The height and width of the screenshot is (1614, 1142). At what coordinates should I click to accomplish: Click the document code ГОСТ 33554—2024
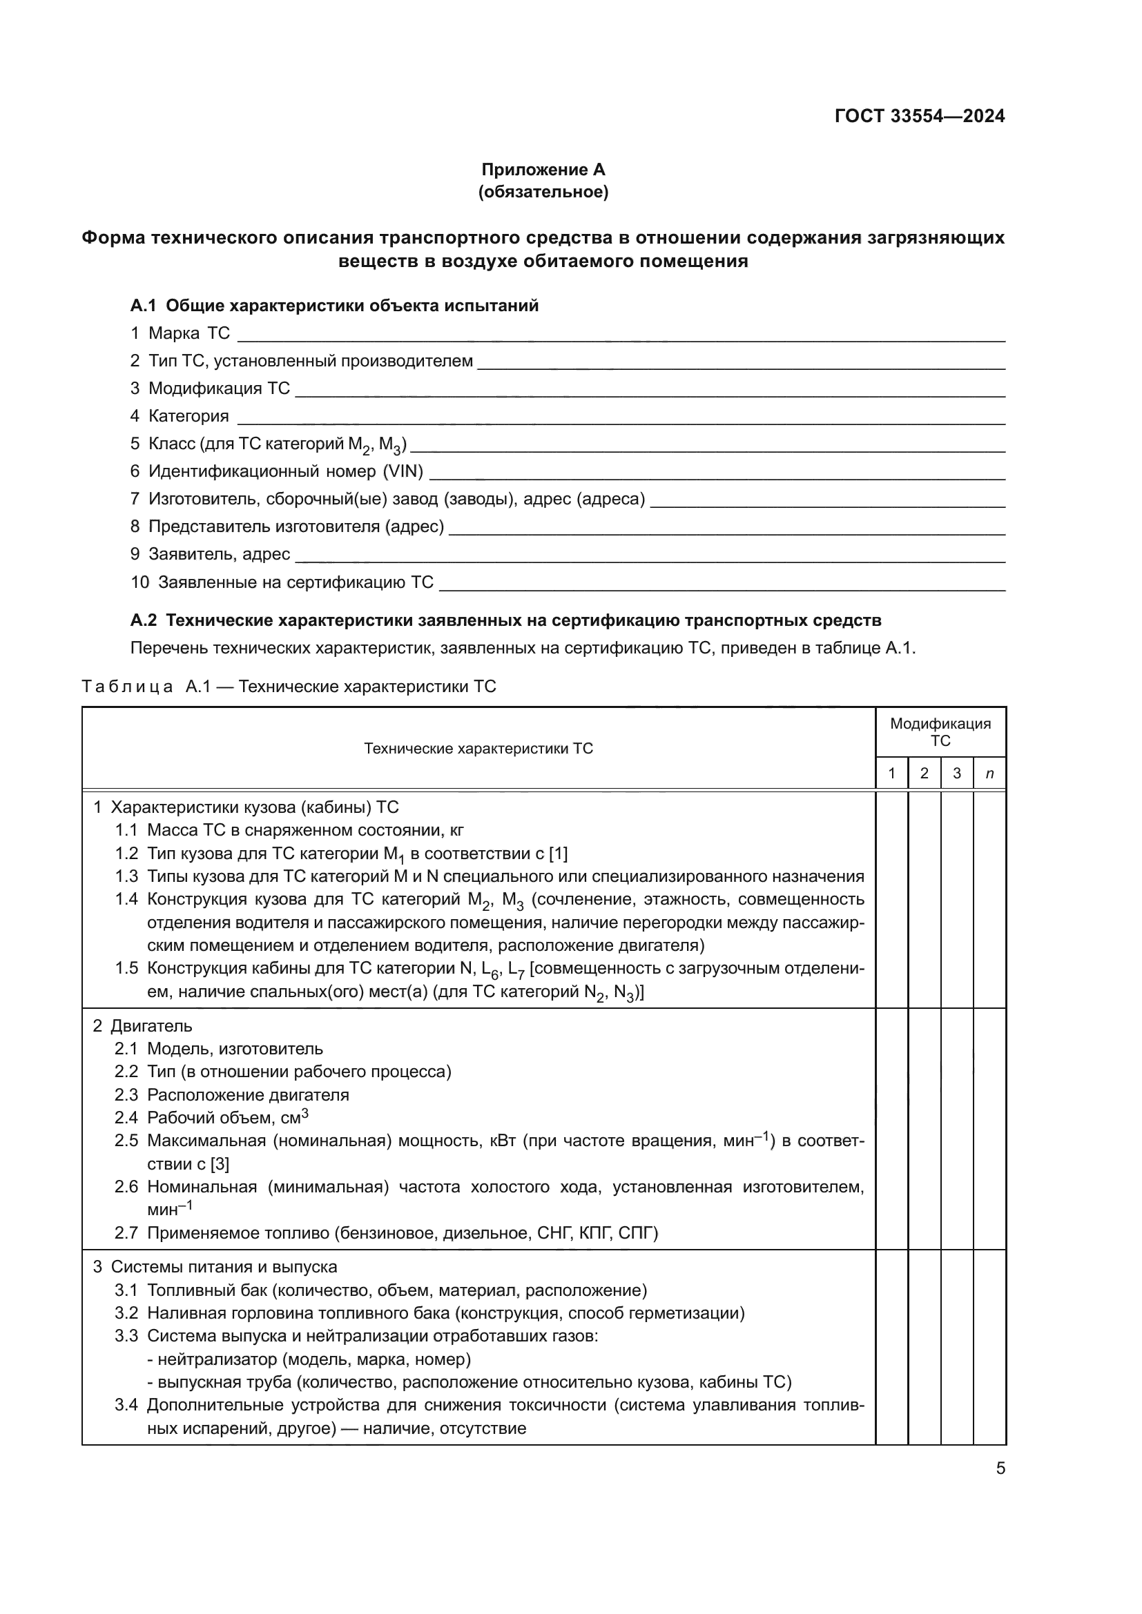tap(919, 116)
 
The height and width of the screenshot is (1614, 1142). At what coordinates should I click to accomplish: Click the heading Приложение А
tap(543, 170)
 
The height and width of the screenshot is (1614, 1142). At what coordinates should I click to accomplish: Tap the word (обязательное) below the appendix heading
tap(543, 192)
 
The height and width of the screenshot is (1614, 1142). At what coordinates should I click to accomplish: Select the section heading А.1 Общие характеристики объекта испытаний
tap(334, 306)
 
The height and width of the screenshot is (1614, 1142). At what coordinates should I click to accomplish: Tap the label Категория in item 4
tap(188, 416)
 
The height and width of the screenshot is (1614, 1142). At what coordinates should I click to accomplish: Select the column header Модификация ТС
tap(940, 731)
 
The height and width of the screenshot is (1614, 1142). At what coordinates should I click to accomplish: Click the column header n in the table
tap(989, 774)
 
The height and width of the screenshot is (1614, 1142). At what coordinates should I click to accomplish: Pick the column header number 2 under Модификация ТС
tap(924, 774)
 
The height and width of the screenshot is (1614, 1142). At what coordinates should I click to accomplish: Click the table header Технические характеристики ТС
tap(478, 749)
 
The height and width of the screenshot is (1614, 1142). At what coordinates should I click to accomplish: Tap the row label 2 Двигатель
tap(143, 1025)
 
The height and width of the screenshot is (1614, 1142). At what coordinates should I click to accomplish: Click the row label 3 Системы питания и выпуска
tap(215, 1267)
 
